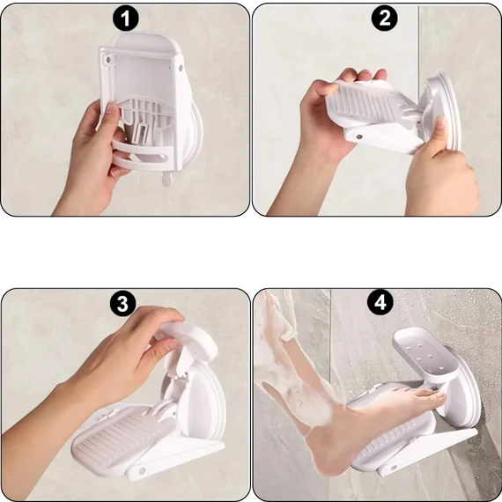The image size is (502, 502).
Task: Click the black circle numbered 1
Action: (126, 18)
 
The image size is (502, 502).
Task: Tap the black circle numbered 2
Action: (385, 18)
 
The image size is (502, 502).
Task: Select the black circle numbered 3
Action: (123, 303)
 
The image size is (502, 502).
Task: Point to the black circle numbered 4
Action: (380, 302)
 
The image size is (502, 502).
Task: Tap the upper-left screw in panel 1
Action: (109, 59)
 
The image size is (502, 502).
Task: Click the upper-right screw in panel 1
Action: (181, 68)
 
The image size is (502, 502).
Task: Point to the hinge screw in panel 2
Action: (359, 137)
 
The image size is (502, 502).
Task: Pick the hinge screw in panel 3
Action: (141, 471)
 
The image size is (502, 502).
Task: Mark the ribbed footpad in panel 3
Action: (123, 438)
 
